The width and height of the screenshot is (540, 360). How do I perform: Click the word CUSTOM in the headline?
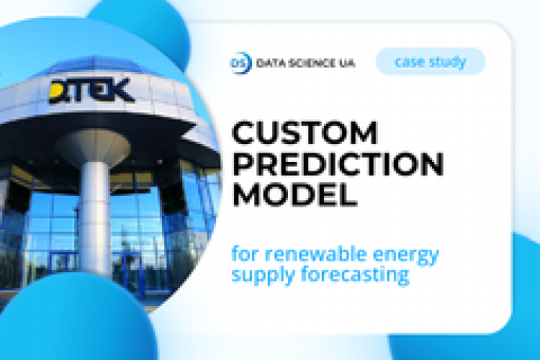point(305,134)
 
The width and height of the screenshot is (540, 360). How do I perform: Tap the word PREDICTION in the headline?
point(337,165)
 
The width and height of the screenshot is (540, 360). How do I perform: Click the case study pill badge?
point(431,62)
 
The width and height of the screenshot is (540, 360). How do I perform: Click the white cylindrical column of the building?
point(92,216)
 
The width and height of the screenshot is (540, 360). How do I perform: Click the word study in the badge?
point(448,62)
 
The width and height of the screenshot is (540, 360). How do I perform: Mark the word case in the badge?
point(410,62)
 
